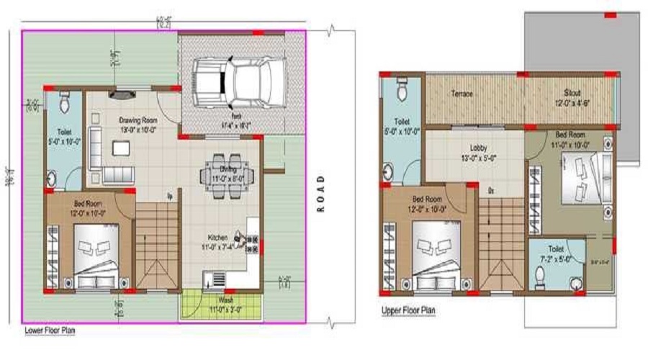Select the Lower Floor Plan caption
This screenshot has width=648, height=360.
pyautogui.click(x=50, y=331)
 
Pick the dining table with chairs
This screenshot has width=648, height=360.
pyautogui.click(x=223, y=170)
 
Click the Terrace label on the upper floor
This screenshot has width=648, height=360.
pyautogui.click(x=462, y=94)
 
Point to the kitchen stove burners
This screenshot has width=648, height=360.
pyautogui.click(x=251, y=241)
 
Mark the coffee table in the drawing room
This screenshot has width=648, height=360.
pyautogui.click(x=120, y=148)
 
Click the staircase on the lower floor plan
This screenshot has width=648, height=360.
pyautogui.click(x=156, y=245)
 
